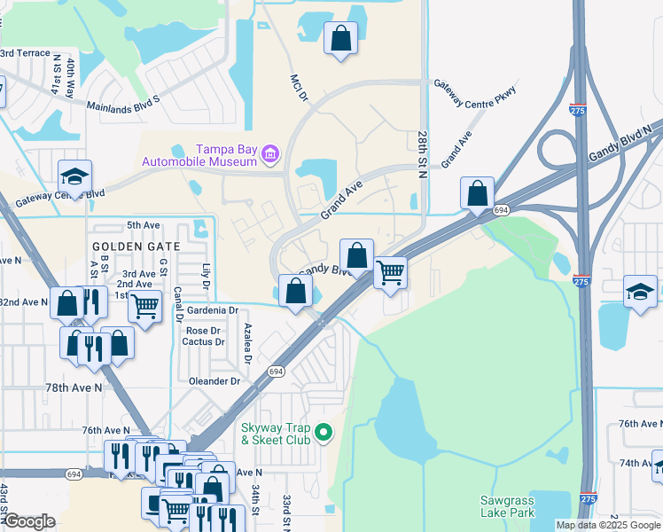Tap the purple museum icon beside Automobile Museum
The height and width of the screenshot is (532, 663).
click(x=271, y=157)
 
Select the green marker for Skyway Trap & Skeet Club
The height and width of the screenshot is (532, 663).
click(x=324, y=434)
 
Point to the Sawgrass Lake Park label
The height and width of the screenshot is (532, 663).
click(x=507, y=506)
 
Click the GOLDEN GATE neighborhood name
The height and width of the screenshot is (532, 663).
click(x=135, y=246)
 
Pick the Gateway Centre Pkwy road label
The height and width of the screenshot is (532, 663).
click(x=474, y=93)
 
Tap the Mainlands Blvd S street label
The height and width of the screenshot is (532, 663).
click(x=122, y=106)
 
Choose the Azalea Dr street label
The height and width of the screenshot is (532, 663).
click(x=248, y=344)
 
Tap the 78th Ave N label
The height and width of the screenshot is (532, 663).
click(x=74, y=388)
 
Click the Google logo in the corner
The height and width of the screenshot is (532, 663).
click(x=29, y=521)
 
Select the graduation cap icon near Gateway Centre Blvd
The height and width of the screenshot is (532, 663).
click(x=75, y=175)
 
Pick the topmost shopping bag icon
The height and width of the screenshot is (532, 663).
click(x=340, y=38)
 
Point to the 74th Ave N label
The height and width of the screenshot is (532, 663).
click(x=636, y=463)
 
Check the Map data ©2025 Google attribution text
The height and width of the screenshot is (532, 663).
click(x=608, y=525)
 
